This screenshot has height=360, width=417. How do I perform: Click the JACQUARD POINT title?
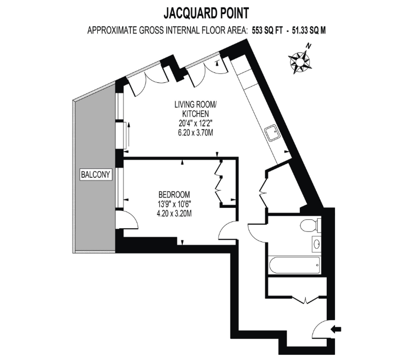tap(206, 13)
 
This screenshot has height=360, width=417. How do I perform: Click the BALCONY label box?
tap(96, 175)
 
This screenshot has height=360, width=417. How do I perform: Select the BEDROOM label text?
tap(174, 195)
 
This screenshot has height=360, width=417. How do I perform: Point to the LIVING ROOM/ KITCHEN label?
tap(195, 109)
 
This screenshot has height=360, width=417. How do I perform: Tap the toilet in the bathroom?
tap(310, 226)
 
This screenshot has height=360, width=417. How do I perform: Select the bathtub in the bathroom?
tap(295, 265)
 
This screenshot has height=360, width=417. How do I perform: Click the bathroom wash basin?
tap(316, 243)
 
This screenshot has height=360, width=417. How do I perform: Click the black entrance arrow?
tap(336, 330)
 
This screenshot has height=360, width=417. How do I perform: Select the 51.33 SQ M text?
tap(308, 30)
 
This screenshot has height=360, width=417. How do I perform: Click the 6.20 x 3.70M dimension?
tap(195, 133)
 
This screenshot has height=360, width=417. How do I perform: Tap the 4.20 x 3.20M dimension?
tap(174, 214)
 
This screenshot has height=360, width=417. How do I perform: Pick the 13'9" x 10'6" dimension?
tap(174, 204)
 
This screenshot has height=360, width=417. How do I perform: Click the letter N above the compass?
tap(308, 46)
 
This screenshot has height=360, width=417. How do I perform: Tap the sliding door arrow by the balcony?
tap(129, 134)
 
